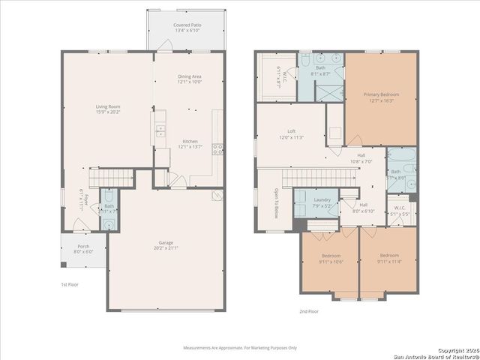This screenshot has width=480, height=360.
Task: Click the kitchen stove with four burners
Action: pos(218,148)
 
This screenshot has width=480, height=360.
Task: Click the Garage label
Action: pos(166,244)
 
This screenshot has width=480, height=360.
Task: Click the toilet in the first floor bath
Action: pos(109,223)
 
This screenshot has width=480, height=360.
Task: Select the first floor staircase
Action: pos(111,178)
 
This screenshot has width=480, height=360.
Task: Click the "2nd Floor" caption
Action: pos(308,311)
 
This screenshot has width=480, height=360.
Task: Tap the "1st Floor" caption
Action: pos(70,285)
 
